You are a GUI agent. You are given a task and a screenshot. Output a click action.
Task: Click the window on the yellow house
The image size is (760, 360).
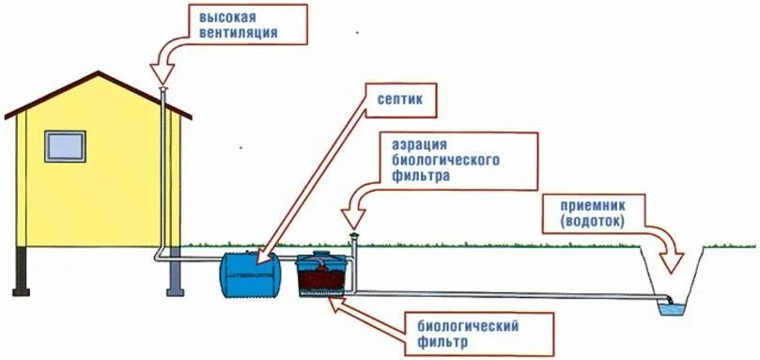point(66,147)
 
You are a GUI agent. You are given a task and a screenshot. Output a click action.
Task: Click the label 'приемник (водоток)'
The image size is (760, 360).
point(589,211)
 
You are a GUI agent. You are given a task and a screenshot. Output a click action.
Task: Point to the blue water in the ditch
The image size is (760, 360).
point(672,308)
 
